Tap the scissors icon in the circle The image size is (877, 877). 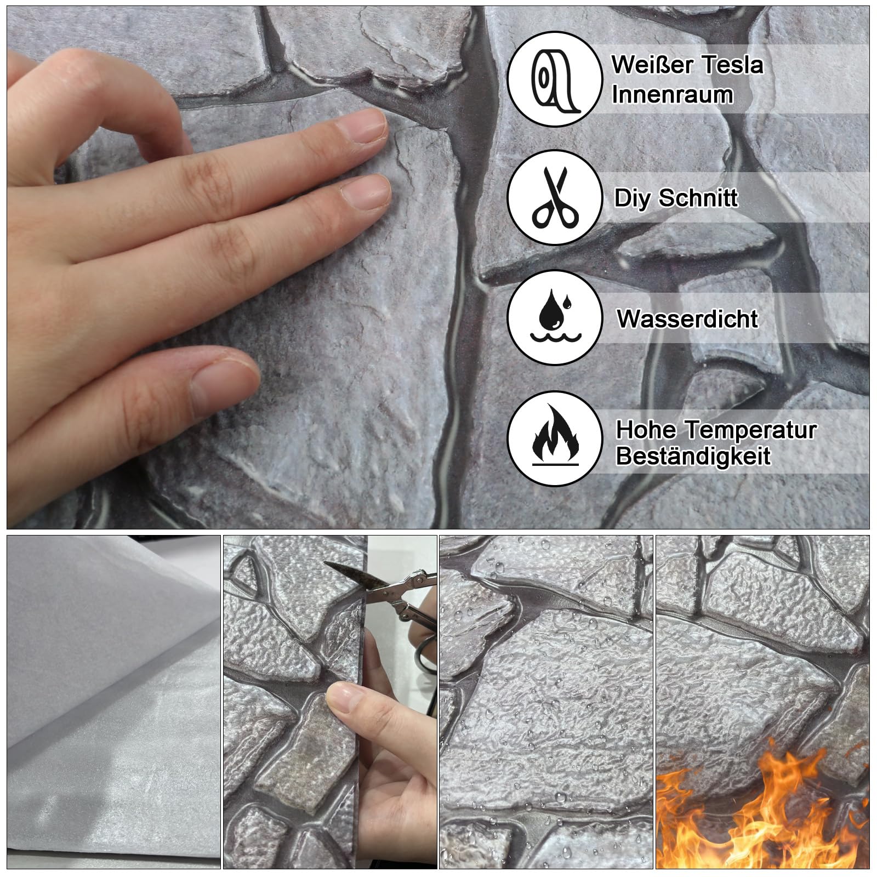point(555,198)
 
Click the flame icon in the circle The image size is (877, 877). point(555,436)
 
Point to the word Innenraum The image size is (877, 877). point(672,94)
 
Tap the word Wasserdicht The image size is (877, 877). point(688,318)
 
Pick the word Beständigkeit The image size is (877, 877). point(693,456)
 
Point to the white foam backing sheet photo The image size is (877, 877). point(113,702)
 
